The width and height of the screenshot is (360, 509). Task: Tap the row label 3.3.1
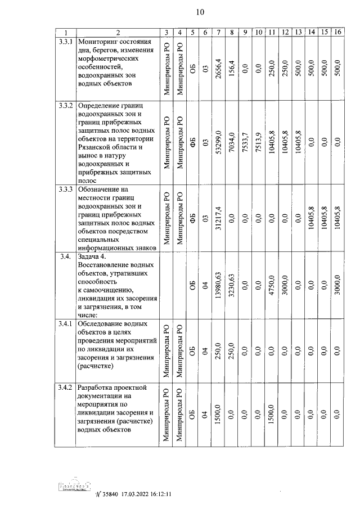click(66, 42)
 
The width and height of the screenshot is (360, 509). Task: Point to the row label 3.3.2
click(66, 106)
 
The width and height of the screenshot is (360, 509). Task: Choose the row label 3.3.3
click(66, 189)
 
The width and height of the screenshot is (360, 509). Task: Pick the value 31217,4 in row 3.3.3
click(218, 218)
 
